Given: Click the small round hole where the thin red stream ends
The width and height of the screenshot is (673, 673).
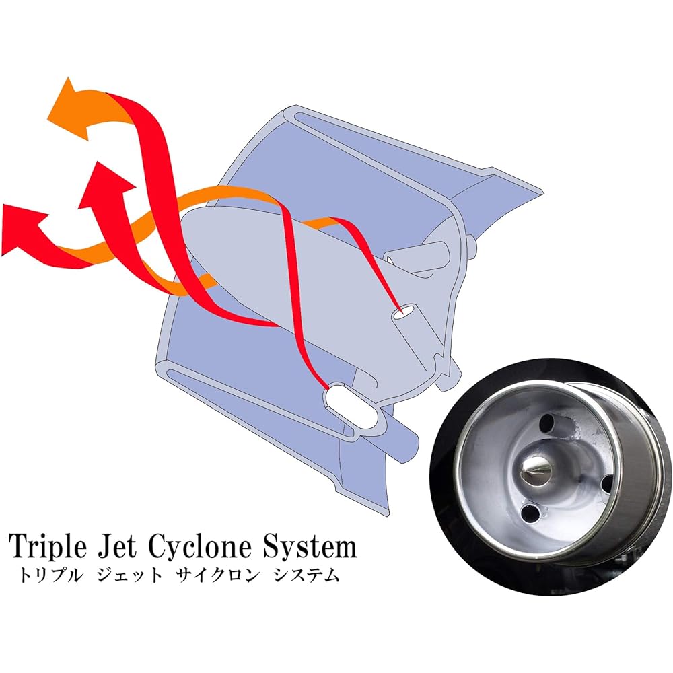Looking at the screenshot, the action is click(x=403, y=313).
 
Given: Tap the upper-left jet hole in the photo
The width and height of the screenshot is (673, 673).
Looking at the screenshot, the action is click(x=546, y=423).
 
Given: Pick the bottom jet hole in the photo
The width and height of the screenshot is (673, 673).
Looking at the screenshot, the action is click(x=530, y=512).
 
